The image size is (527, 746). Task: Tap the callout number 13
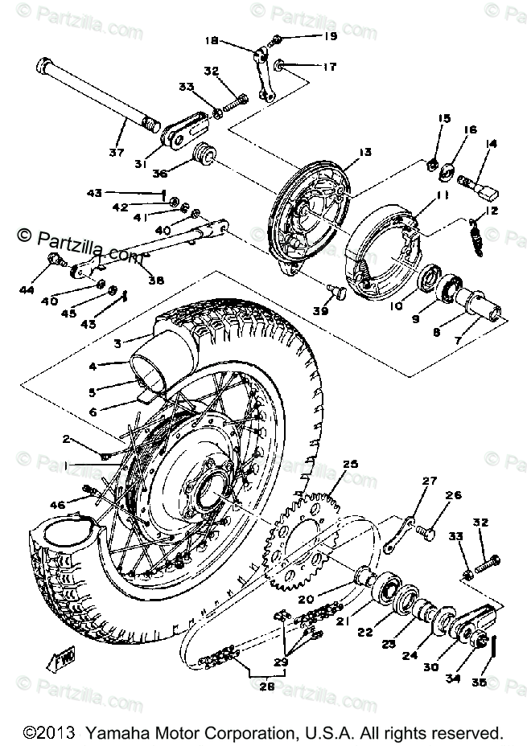pyautogui.click(x=365, y=152)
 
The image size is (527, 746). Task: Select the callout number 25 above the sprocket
pyautogui.click(x=349, y=464)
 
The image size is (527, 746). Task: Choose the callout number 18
pyautogui.click(x=211, y=40)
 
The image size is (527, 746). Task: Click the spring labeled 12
pyautogui.click(x=476, y=239)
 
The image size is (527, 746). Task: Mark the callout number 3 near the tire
pyautogui.click(x=117, y=344)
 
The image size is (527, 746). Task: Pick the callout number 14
pyautogui.click(x=491, y=144)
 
